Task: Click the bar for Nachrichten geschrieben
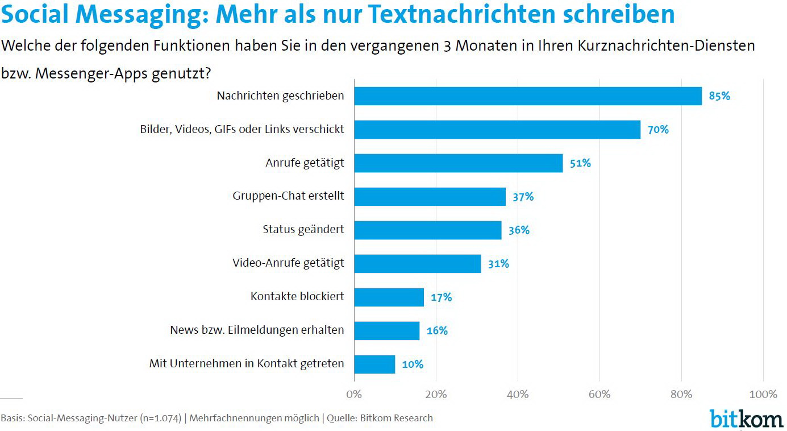click(528, 96)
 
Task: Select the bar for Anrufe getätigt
click(458, 163)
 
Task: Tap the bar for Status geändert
click(427, 230)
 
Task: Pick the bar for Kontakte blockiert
click(389, 297)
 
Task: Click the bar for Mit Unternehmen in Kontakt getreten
click(374, 364)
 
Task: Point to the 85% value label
click(719, 96)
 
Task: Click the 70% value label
click(658, 130)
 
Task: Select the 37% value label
click(523, 197)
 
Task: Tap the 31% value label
click(498, 264)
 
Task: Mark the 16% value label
click(437, 330)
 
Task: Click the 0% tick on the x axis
click(354, 395)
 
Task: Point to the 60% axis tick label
click(599, 395)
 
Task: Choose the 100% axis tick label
click(763, 395)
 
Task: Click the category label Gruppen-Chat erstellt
click(288, 196)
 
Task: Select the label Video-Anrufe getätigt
click(288, 263)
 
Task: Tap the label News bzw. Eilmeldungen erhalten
click(257, 330)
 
